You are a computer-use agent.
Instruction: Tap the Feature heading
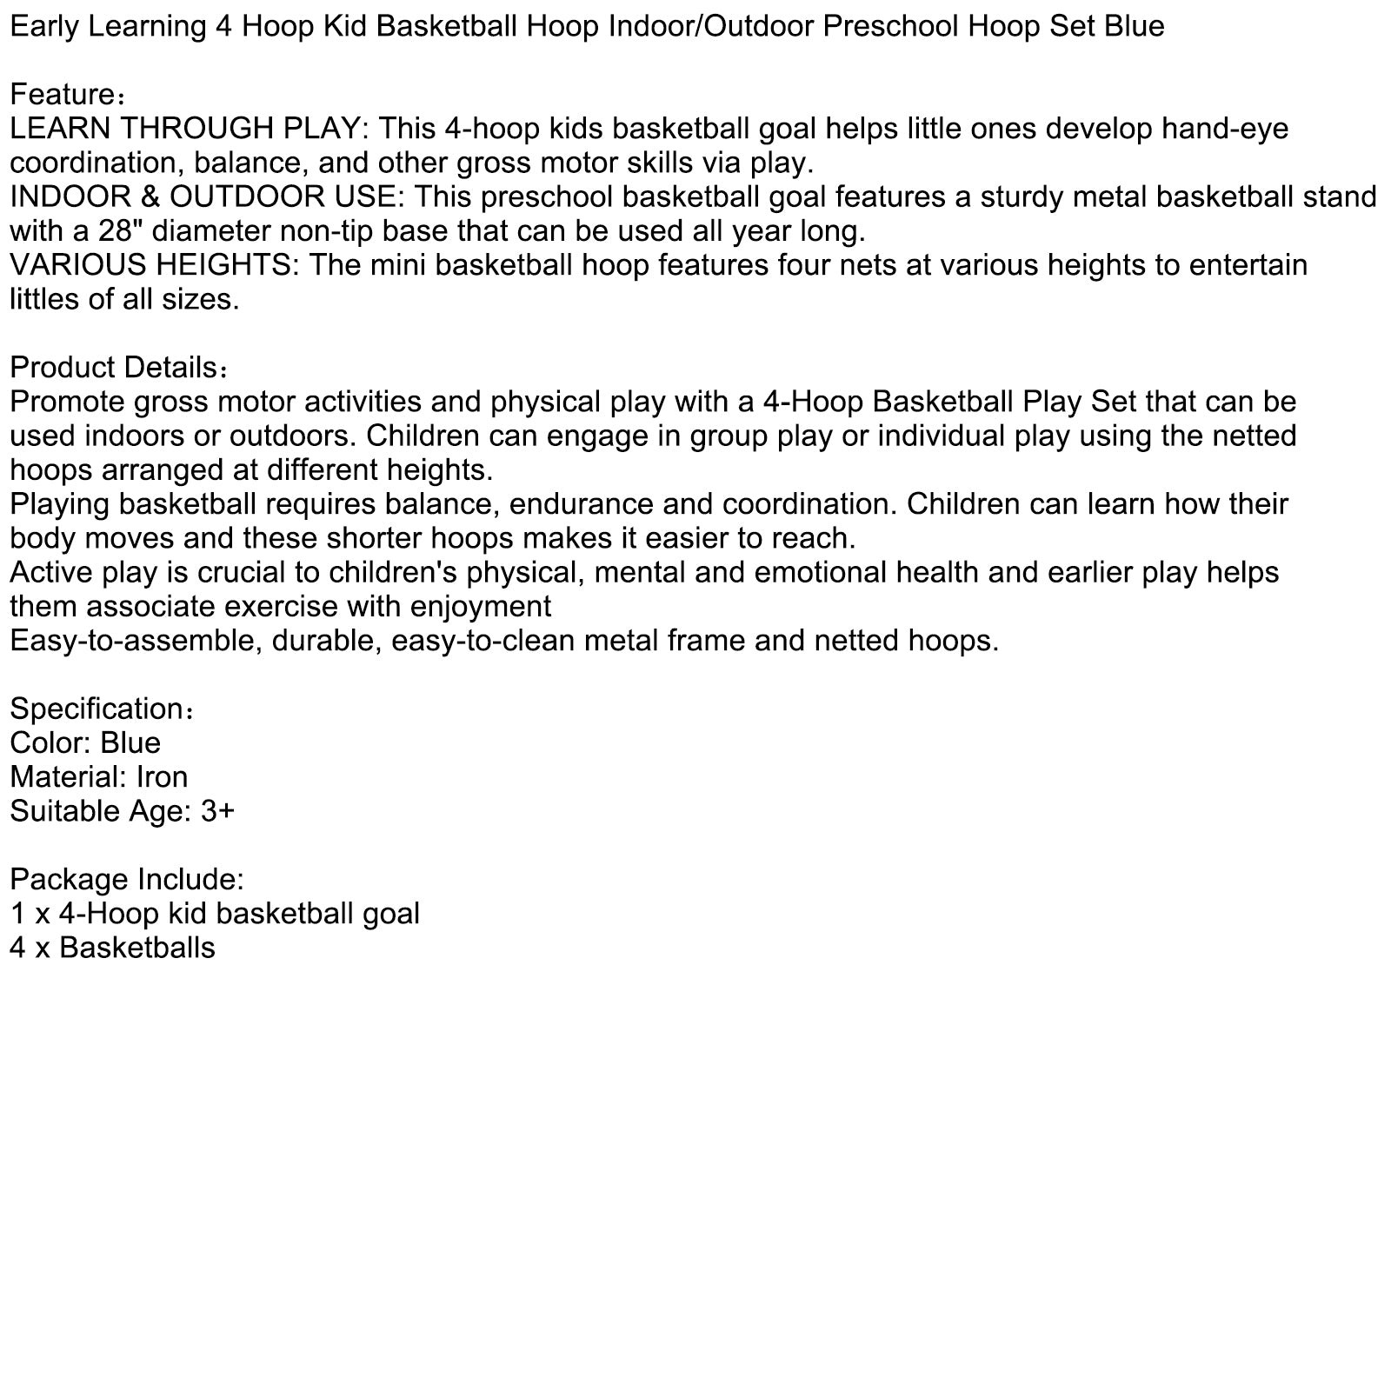pyautogui.click(x=63, y=94)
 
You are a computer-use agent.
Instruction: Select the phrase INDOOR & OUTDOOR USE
pyautogui.click(x=202, y=196)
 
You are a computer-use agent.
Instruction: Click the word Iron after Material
pyautogui.click(x=162, y=776)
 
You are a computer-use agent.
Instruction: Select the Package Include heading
pyautogui.click(x=127, y=879)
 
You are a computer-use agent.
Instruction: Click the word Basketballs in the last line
pyautogui.click(x=136, y=947)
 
